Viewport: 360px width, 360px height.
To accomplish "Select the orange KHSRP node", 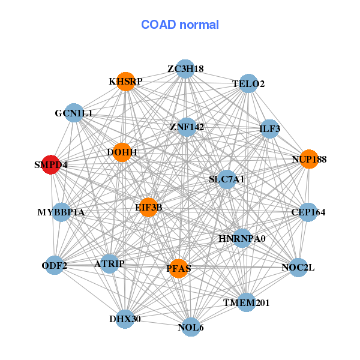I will (125, 82).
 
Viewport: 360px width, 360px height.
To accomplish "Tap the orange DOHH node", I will (122, 152).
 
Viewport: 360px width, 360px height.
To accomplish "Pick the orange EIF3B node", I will (148, 207).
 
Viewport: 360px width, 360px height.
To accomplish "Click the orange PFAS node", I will (178, 268).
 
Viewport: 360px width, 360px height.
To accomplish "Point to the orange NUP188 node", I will (308, 159).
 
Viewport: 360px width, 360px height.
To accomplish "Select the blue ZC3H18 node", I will (185, 69).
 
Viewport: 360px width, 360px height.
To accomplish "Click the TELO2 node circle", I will (249, 84).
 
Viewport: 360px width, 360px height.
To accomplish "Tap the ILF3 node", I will (269, 128).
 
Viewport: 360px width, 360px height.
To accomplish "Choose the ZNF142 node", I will (187, 127).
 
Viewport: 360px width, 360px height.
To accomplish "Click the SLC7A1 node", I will (226, 179).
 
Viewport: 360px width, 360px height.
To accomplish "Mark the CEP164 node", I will (308, 212).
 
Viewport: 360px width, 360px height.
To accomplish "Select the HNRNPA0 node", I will (242, 238).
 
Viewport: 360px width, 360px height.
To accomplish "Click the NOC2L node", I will (298, 268).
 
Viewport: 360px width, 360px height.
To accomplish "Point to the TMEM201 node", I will (247, 302).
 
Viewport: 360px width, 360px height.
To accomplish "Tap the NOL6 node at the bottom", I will (191, 327).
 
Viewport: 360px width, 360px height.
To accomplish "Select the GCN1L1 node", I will (74, 113).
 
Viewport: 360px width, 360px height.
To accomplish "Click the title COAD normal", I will (180, 25).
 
